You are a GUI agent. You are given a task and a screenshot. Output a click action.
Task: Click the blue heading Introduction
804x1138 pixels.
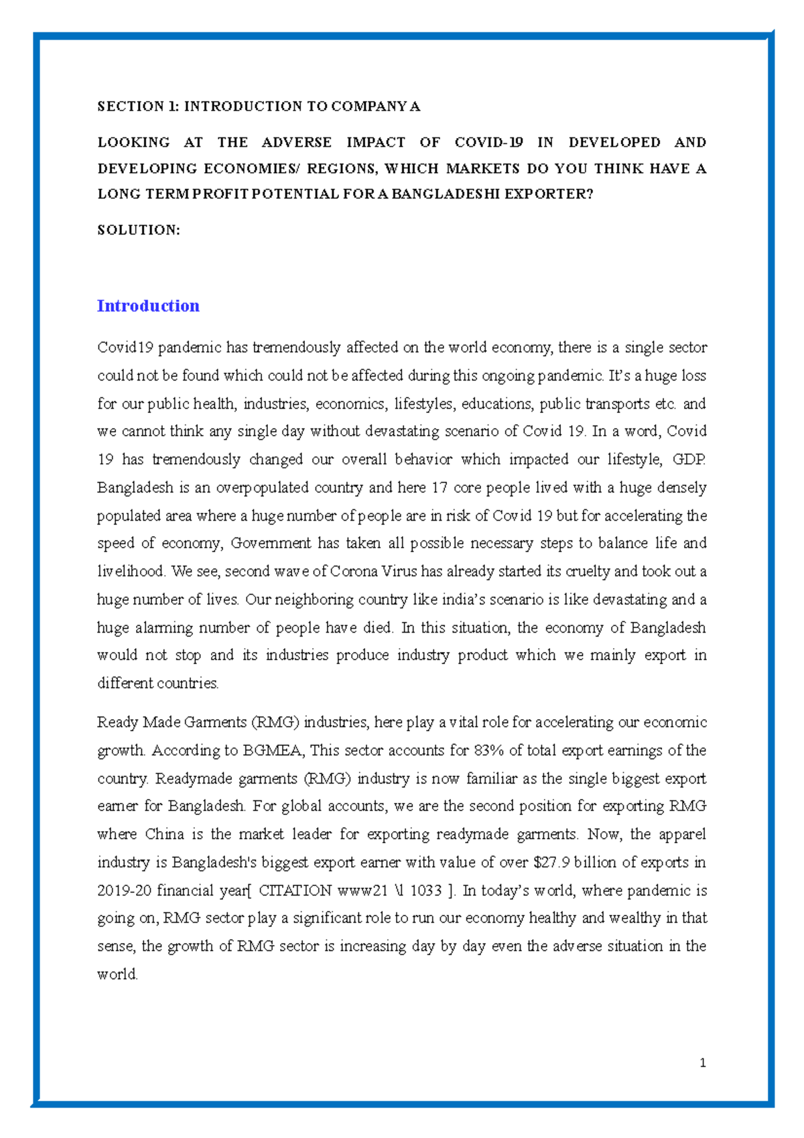coord(148,306)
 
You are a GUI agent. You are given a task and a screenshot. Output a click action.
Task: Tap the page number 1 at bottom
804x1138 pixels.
coord(702,1063)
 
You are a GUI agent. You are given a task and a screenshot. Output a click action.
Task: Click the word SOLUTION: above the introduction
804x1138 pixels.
coord(139,230)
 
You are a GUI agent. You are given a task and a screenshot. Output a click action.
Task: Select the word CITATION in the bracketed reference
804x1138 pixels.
coord(295,891)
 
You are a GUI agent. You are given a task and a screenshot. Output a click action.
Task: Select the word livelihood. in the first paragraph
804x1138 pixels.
coord(131,572)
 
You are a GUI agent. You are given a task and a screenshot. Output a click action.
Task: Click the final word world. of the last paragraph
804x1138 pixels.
coord(117,974)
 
